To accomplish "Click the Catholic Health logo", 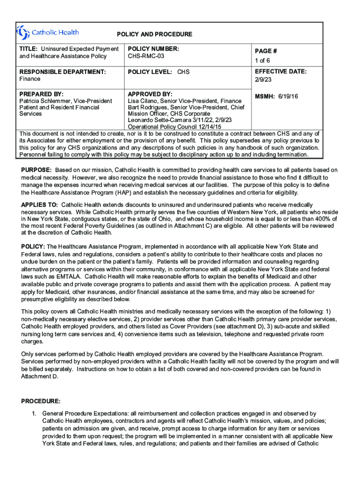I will click(47, 33).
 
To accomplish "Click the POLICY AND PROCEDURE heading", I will click(154, 35).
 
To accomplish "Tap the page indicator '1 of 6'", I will click(262, 61).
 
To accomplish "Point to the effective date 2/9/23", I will click(263, 80).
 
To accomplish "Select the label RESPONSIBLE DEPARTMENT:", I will click(62, 72).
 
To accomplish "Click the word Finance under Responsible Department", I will click(29, 79).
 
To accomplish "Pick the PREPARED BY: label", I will click(41, 94).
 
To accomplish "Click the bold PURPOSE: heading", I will click(36, 170).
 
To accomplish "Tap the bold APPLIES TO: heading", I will click(39, 205).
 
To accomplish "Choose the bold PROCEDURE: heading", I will click(41, 401).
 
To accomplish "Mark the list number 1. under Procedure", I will click(34, 414).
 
